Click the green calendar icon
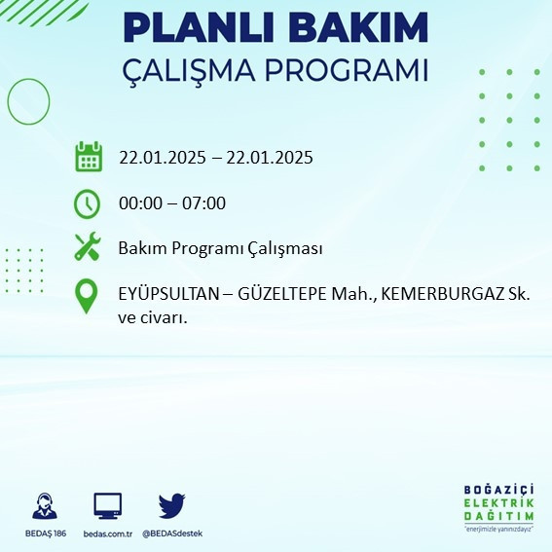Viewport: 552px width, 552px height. click(x=89, y=157)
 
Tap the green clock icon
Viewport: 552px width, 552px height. click(x=88, y=203)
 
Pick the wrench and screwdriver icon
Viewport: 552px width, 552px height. click(x=88, y=247)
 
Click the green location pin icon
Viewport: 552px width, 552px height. click(x=88, y=296)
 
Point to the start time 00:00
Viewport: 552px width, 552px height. click(x=139, y=203)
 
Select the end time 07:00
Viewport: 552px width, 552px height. click(x=204, y=203)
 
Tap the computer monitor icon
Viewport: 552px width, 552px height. click(x=107, y=505)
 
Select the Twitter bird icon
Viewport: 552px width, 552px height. click(x=172, y=505)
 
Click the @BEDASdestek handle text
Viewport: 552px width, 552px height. click(x=172, y=534)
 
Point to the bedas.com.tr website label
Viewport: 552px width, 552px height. click(x=107, y=534)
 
